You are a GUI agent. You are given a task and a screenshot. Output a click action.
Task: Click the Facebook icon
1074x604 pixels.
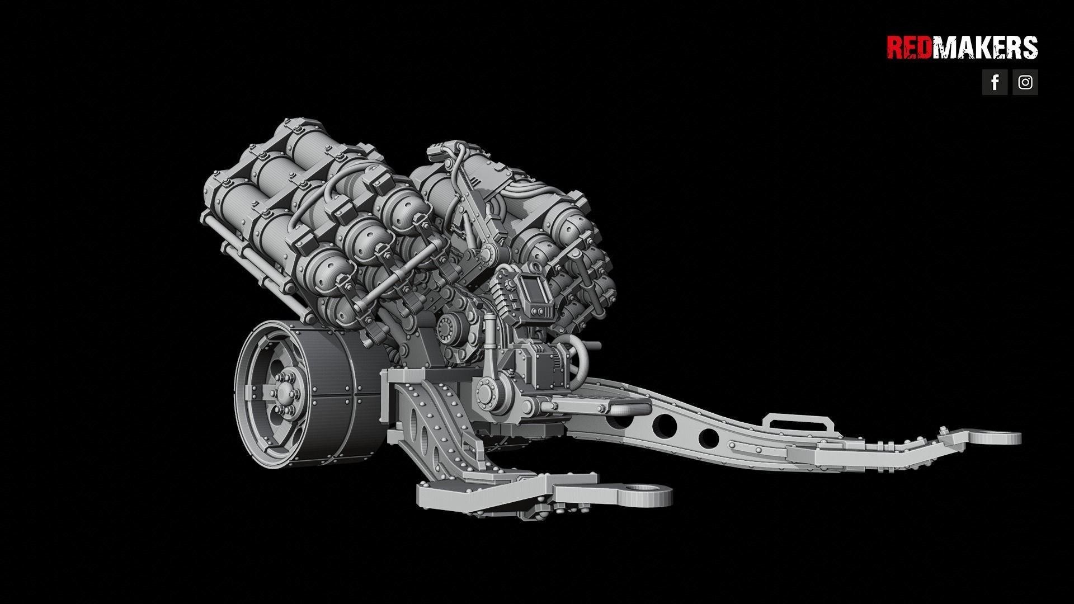[995, 82]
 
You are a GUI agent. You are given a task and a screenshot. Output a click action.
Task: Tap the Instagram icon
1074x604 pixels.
[1025, 82]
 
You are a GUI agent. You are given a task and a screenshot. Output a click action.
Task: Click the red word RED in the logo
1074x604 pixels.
[910, 48]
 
